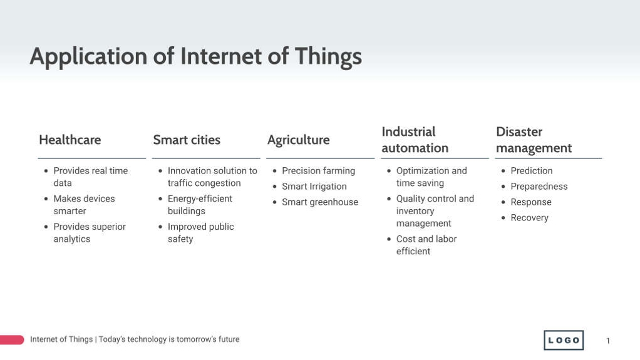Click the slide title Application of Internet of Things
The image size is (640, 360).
coord(195,56)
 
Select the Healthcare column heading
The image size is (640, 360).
coord(70,140)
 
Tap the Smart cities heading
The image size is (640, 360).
coord(187,140)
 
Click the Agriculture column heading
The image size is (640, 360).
coord(298,140)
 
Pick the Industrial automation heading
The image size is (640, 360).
coord(415,140)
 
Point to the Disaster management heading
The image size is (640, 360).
coord(534,140)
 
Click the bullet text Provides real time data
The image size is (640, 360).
coord(90,177)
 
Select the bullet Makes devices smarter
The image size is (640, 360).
coord(84,205)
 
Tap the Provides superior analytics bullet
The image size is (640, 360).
coord(89,233)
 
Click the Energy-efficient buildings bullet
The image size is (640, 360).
coord(199,205)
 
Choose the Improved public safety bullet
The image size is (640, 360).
coord(200,233)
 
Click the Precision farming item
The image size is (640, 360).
coord(318,171)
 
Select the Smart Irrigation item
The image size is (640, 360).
coord(314,187)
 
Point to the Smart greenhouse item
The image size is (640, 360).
coord(319,202)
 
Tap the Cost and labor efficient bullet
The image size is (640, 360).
coord(426,245)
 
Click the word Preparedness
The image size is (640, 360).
coord(539,187)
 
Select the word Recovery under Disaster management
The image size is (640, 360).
coord(529,218)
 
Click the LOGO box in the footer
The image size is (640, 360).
coord(564,340)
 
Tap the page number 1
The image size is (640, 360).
coord(607,341)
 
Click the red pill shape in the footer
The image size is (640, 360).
coord(11,340)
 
